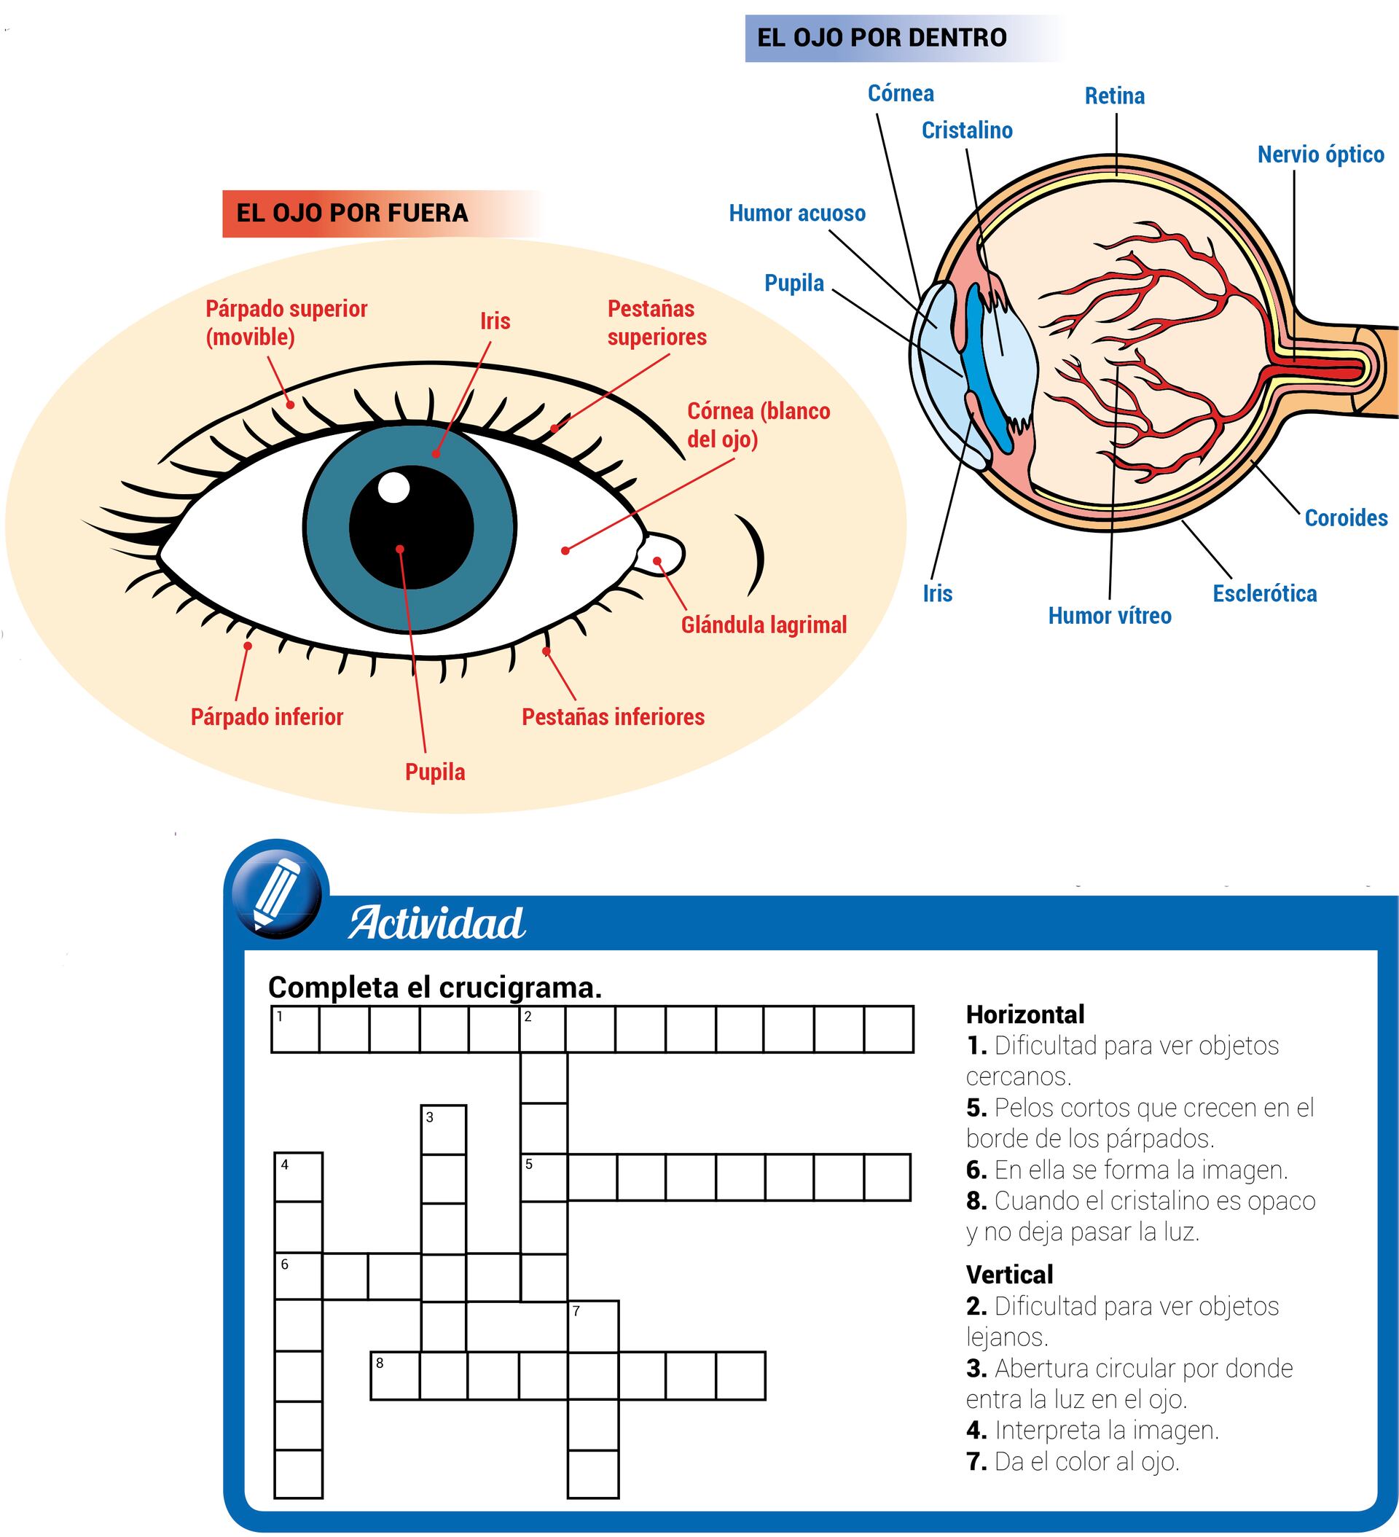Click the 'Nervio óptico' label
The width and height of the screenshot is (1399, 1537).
(x=1320, y=155)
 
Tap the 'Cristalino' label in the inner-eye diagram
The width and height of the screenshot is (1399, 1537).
(x=967, y=130)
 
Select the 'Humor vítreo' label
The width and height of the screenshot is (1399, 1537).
(x=1109, y=615)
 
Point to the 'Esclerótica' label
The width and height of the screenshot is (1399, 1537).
(x=1265, y=593)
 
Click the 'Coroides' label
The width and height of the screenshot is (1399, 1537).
(x=1346, y=517)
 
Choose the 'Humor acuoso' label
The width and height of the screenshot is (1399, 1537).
(x=797, y=214)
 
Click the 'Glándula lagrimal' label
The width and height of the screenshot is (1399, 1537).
(x=764, y=625)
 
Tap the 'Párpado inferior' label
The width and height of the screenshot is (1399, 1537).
(x=267, y=716)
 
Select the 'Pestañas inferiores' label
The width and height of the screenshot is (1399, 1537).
(x=613, y=716)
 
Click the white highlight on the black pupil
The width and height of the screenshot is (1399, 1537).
(x=393, y=487)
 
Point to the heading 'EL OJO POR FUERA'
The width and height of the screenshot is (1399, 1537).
(x=352, y=213)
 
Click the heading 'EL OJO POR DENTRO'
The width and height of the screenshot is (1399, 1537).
(x=882, y=37)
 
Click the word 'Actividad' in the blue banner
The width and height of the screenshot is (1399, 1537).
(x=437, y=923)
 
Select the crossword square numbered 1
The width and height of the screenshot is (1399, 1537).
(x=296, y=1029)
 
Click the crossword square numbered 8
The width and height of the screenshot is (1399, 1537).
(x=395, y=1376)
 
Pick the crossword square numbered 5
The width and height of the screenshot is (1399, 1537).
(x=544, y=1177)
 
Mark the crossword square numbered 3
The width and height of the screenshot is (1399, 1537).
(x=444, y=1130)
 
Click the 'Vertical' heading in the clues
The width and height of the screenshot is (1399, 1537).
(x=1009, y=1274)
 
